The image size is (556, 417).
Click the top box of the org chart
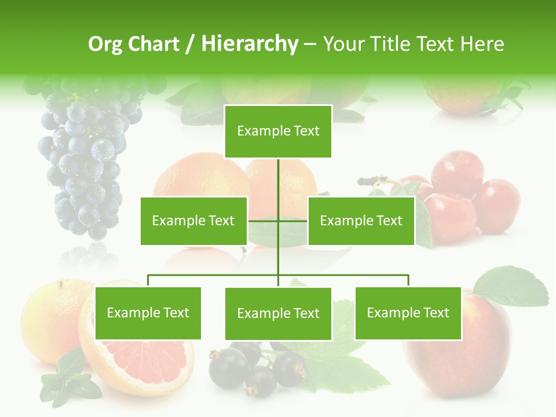click(x=278, y=131)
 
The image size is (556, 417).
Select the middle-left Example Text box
click(x=193, y=221)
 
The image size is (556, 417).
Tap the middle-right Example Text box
click(x=361, y=221)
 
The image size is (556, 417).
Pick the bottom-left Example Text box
click(x=148, y=313)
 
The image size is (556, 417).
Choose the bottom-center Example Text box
click(x=278, y=314)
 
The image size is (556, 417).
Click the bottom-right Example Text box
click(x=408, y=313)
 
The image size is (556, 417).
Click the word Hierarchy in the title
click(x=249, y=44)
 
